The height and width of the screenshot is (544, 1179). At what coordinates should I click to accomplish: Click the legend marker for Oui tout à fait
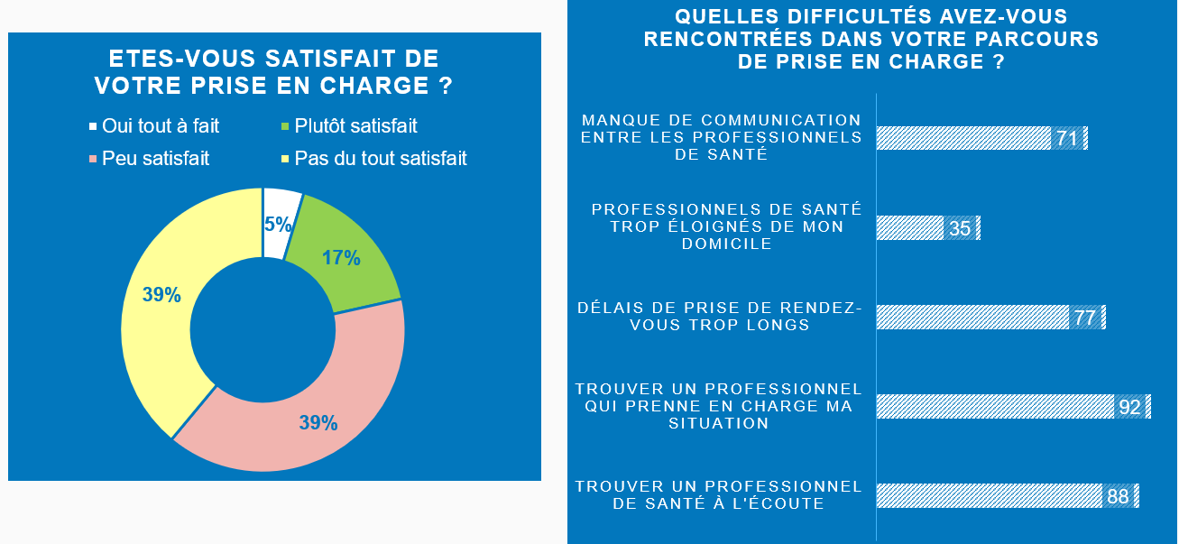pos(93,127)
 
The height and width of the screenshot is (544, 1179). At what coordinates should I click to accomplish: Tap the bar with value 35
pos(910,228)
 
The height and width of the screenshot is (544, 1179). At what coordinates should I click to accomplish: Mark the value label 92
pos(1129,407)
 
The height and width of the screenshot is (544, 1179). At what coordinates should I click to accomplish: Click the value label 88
pos(1118,496)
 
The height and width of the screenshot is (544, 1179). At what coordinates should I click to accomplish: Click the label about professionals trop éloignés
pos(727,226)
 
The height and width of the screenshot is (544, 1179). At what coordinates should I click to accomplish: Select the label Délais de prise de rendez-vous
pos(720,317)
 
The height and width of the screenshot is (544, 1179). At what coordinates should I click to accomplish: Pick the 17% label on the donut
pos(341,258)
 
